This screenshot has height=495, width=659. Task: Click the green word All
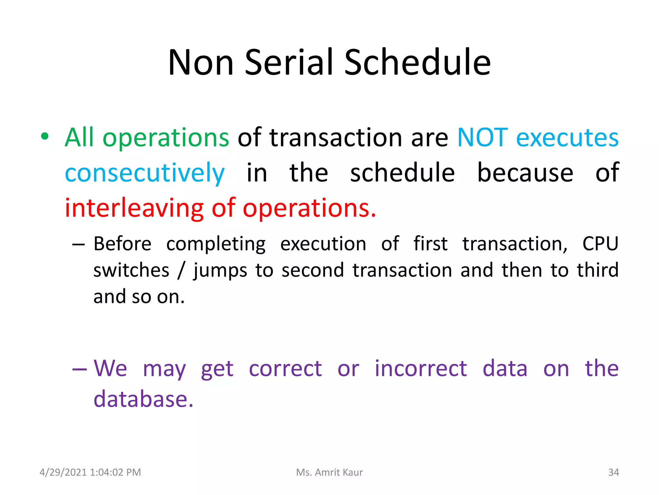(x=79, y=138)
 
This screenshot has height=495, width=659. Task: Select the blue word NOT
(x=482, y=138)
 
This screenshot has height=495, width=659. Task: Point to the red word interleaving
(x=134, y=208)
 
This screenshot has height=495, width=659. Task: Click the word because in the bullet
(x=525, y=173)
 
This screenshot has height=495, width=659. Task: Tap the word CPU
(x=600, y=244)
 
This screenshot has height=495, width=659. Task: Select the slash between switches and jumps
(x=181, y=270)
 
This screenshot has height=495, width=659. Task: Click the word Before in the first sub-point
(x=122, y=244)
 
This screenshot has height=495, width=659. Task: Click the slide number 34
(x=613, y=472)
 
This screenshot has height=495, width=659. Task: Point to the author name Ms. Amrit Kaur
(x=329, y=472)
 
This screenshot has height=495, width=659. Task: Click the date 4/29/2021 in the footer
(x=63, y=472)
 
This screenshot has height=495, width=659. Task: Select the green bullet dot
(x=45, y=137)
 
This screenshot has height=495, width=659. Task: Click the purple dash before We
(x=79, y=369)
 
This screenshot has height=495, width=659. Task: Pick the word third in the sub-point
(x=598, y=270)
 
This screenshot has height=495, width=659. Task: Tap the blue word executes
(x=567, y=138)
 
